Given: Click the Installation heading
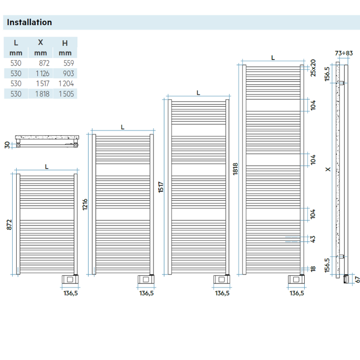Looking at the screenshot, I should [29, 22].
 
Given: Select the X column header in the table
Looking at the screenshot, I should [40, 43].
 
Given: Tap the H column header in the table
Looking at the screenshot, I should [65, 43].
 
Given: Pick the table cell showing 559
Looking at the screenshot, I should [68, 63].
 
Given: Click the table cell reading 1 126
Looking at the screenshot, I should [41, 73].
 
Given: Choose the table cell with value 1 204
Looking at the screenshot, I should [66, 83].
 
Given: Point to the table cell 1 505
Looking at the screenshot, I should [66, 94].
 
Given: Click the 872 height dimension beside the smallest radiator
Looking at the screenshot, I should [9, 225].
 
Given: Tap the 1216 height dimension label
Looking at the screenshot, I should [85, 205].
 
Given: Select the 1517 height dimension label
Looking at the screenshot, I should [161, 187].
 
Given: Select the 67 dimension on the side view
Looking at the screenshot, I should [357, 279].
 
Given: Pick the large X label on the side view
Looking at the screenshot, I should [328, 169].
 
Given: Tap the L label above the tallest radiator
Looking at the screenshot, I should [273, 58].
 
